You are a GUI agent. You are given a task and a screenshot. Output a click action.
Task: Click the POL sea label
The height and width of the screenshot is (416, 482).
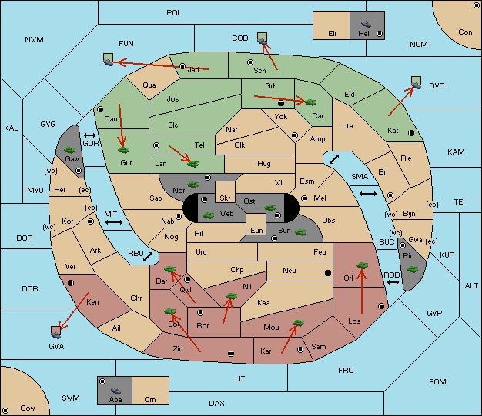(174, 13)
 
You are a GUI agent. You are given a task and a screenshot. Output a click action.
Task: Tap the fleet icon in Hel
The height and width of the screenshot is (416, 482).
(366, 24)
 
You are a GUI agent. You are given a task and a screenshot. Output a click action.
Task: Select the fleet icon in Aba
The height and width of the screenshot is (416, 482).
(115, 390)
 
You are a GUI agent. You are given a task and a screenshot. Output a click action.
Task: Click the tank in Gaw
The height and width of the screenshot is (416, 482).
(70, 150)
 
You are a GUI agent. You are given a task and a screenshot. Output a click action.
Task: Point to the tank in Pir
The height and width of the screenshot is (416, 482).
(412, 270)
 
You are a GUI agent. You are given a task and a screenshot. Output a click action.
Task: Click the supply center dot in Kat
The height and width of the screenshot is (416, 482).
(411, 133)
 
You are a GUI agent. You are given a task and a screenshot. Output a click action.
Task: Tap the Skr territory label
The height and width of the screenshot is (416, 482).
(225, 198)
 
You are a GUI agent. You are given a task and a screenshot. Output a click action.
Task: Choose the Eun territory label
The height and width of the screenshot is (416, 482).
(256, 230)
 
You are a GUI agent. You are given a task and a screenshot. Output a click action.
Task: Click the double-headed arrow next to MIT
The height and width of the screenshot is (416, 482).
(114, 222)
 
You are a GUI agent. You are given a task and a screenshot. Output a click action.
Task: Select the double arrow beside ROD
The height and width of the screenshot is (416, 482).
(393, 282)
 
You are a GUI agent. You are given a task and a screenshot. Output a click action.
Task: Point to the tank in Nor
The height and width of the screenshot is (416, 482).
(193, 185)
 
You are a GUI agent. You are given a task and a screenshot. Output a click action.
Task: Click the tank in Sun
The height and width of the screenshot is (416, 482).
(300, 232)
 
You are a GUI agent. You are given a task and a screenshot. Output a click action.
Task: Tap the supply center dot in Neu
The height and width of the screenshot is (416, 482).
(328, 273)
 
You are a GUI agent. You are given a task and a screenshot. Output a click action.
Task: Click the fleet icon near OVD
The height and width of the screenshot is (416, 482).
(417, 82)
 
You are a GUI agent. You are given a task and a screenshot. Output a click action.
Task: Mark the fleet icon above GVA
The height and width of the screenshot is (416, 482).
(56, 332)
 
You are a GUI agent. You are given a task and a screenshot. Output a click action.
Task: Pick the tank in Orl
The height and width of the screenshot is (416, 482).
(362, 265)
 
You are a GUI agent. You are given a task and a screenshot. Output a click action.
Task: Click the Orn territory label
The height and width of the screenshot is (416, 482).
(150, 399)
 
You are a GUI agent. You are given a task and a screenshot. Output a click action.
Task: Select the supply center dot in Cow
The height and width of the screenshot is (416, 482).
(5, 411)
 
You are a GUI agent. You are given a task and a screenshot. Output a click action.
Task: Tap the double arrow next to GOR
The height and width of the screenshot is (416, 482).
(90, 135)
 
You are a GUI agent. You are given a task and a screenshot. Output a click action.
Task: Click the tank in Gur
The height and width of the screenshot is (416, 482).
(123, 150)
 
